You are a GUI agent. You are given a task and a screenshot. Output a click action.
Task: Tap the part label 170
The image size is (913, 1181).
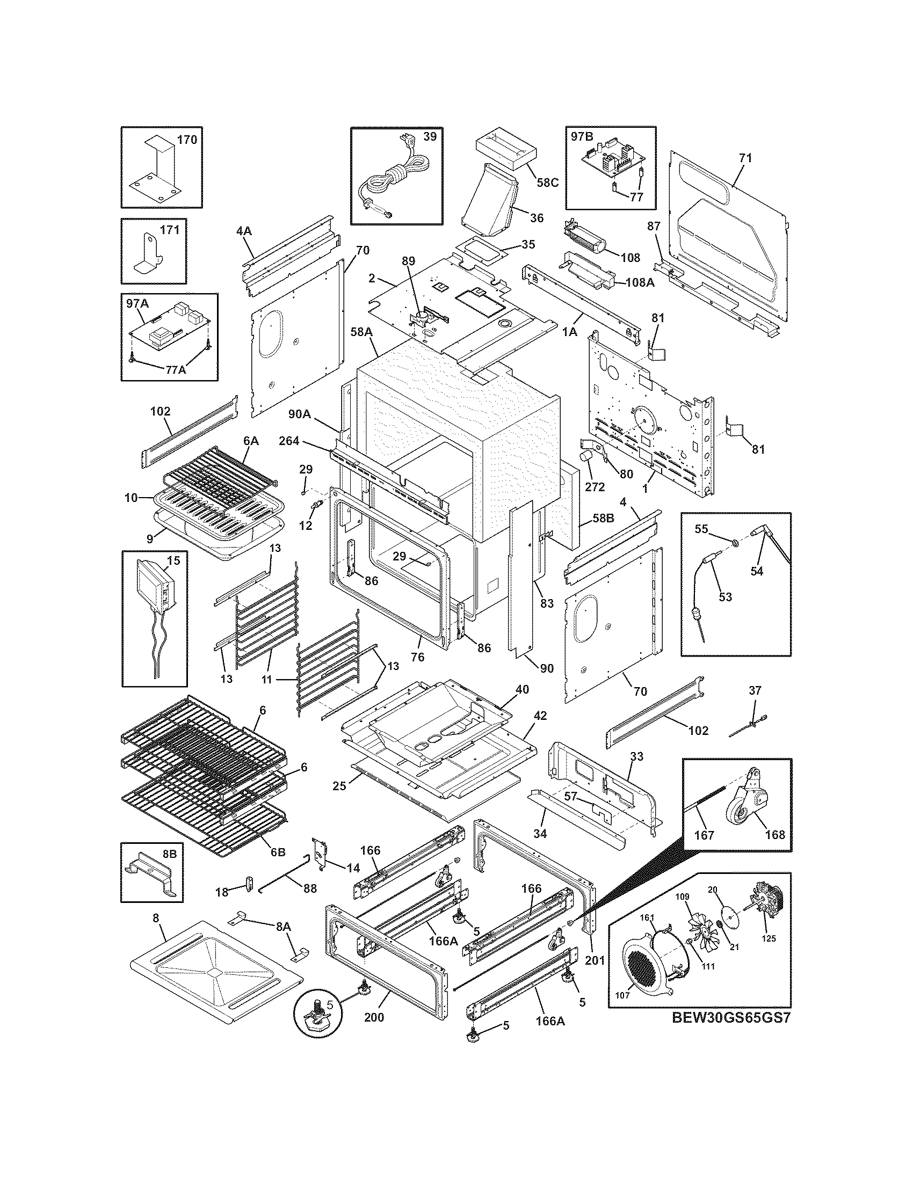pos(187,140)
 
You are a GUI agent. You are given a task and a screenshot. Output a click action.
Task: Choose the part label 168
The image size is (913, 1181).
pos(774,834)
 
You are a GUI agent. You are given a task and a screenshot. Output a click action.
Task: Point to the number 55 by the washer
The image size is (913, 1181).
pos(701,529)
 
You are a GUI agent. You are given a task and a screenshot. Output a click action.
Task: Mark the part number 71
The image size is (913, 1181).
pos(745,158)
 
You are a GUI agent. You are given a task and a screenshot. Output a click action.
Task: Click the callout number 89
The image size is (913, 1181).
pos(408,261)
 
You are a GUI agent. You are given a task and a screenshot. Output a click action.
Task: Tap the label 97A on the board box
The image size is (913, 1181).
pos(137,304)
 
